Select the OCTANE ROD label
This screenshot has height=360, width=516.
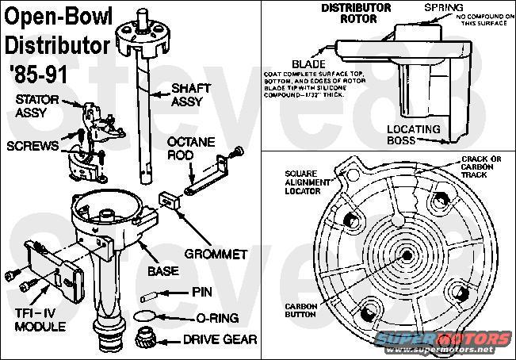click(x=187, y=148)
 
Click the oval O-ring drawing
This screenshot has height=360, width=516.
click(x=144, y=316)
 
